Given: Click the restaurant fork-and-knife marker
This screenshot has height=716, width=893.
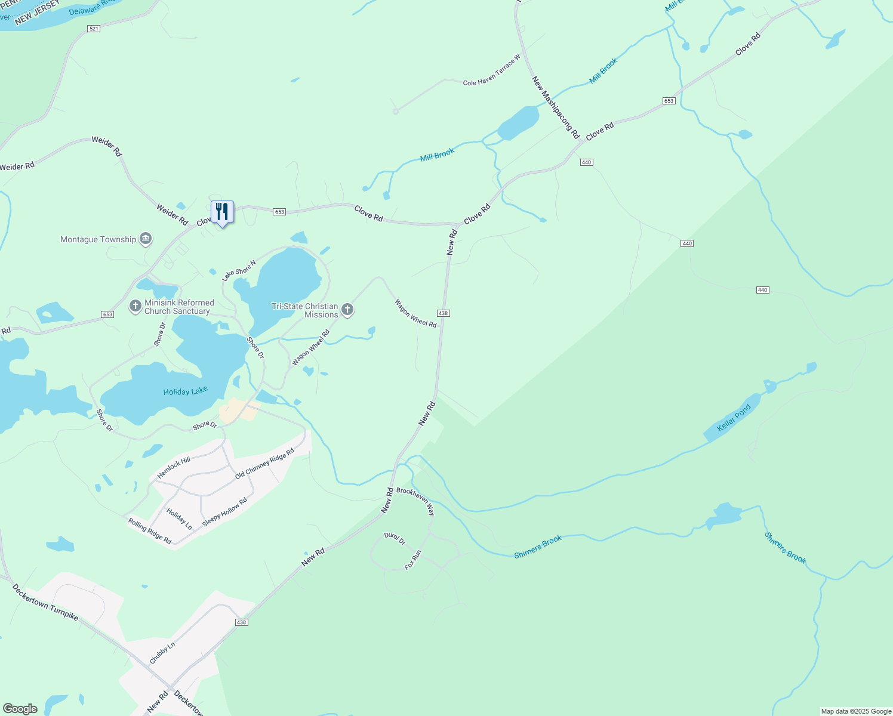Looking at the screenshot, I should [x=222, y=212].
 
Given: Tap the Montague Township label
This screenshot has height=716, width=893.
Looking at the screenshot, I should [x=98, y=239].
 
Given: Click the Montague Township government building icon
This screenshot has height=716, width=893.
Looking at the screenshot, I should [x=145, y=239].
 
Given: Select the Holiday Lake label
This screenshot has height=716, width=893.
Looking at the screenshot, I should [x=185, y=391].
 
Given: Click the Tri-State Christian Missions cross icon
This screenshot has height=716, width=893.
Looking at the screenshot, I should [x=347, y=310].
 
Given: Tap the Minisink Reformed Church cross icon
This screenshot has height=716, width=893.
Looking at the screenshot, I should [x=136, y=307].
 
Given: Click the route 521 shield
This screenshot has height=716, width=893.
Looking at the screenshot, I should [x=93, y=29].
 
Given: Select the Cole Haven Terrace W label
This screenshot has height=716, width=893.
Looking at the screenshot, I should [x=491, y=70].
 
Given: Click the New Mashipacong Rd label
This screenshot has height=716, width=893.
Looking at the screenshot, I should [x=556, y=107].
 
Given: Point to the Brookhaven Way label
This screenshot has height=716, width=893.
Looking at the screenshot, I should [x=416, y=500].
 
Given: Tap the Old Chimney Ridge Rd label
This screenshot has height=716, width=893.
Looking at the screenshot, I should [x=264, y=464].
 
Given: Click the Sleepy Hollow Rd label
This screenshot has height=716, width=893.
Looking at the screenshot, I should [x=224, y=512].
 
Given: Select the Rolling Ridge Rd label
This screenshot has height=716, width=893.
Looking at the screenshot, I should [x=150, y=530].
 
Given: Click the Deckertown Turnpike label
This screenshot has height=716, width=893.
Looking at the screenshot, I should [x=45, y=602].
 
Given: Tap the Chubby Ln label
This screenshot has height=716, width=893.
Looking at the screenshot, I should [x=162, y=653].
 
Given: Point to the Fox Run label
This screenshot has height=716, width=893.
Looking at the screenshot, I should [x=413, y=560].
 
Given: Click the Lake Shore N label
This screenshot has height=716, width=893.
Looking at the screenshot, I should [x=239, y=270].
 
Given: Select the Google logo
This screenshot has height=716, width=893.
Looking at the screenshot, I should [x=20, y=709].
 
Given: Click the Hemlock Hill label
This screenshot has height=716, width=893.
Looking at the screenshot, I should [x=174, y=467].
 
